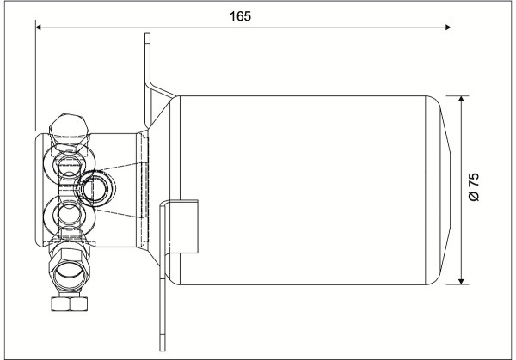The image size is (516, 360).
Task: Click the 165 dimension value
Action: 240,16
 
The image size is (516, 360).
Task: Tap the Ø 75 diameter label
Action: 474,186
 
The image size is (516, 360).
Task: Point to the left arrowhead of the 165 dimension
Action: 38,27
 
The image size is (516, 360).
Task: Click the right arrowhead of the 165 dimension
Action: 448,27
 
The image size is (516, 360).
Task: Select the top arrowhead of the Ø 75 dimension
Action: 461,99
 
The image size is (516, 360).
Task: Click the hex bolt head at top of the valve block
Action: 70,130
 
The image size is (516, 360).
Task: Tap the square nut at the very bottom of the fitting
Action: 70,304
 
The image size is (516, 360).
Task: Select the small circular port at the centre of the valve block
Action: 95,188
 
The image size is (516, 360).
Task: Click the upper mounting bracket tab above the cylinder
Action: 148,76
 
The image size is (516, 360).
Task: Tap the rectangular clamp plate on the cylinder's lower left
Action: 183,227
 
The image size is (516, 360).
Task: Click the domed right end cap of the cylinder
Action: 439,190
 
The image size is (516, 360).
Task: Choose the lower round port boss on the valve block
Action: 70,216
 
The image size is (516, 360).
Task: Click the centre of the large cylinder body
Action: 303,190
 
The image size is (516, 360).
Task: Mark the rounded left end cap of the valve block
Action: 39,189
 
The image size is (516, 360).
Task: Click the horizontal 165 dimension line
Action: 243,27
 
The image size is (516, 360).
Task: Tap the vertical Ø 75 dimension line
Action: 461,190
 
